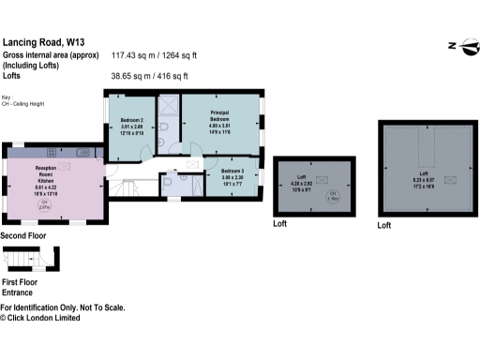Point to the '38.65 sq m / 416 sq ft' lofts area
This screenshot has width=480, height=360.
150,76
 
